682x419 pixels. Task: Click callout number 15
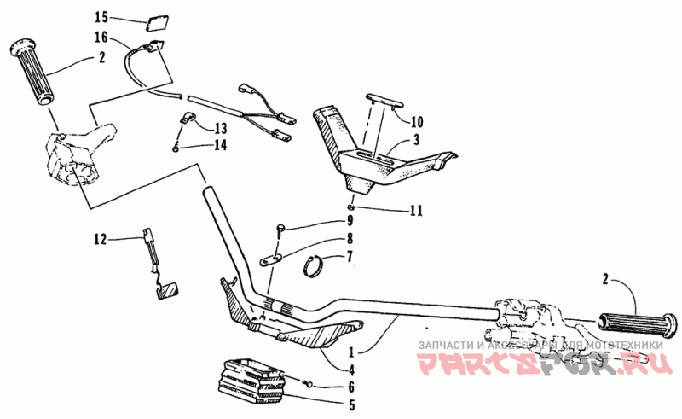pyautogui.click(x=101, y=17)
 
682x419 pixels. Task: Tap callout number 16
pyautogui.click(x=101, y=38)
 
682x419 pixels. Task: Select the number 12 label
pyautogui.click(x=101, y=240)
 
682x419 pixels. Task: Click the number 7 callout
pyautogui.click(x=350, y=256)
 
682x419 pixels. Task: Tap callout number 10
pyautogui.click(x=417, y=121)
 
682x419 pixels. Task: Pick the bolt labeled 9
pyautogui.click(x=283, y=228)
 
